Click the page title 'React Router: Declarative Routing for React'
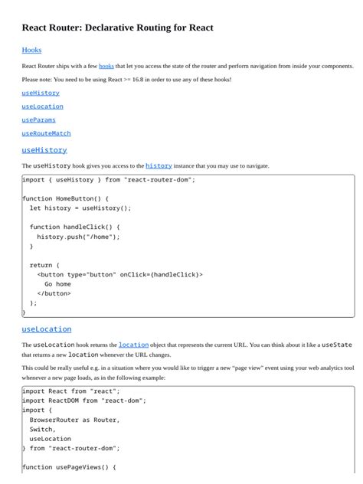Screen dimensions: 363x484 click(117, 28)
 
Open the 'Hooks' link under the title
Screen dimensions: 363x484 click(31, 50)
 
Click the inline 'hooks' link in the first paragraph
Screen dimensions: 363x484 click(106, 67)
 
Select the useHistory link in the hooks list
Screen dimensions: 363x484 click(41, 93)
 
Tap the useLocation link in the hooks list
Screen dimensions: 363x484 click(42, 106)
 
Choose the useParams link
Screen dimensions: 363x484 click(38, 119)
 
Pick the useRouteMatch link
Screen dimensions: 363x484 click(46, 133)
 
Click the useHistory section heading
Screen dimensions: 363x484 click(44, 150)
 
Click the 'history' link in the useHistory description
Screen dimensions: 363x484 click(159, 165)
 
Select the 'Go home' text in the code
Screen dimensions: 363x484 click(57, 284)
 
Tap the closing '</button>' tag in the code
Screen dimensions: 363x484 click(54, 293)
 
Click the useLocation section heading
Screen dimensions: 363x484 click(46, 329)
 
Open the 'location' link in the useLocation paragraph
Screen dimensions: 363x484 click(133, 345)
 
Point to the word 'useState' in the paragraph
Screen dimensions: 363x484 click(336, 345)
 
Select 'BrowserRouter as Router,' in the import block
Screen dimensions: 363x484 click(74, 420)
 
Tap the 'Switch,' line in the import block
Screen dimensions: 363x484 click(42, 429)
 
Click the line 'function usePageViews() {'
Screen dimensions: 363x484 click(69, 467)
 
